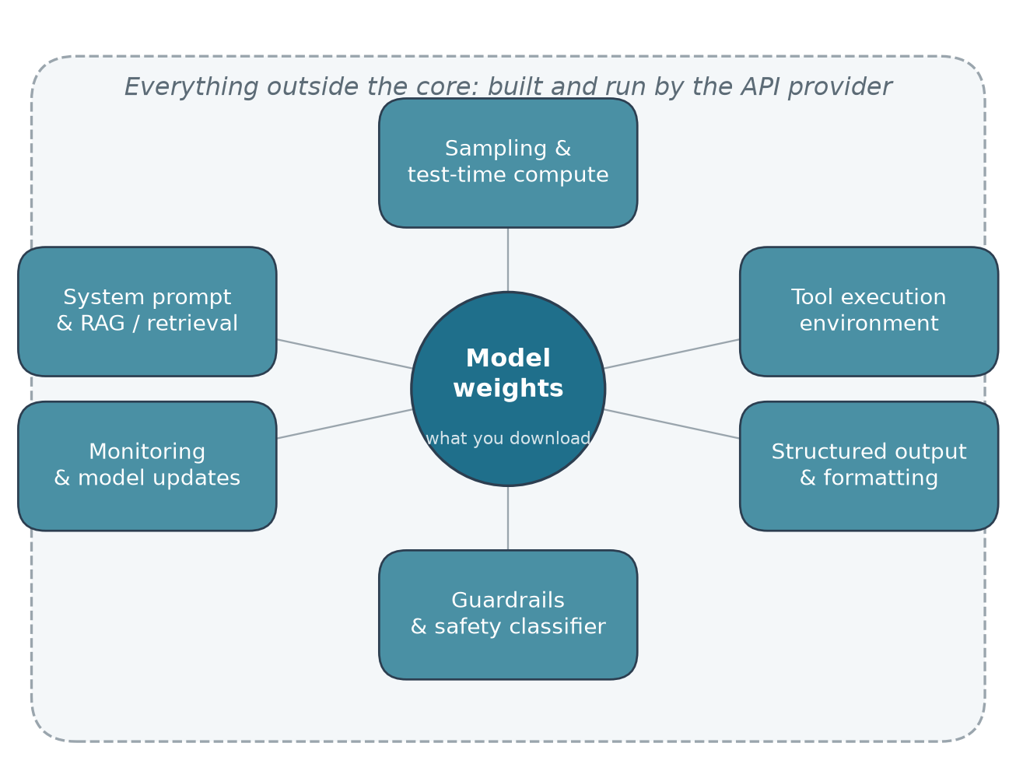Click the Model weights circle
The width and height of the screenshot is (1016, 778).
click(508, 388)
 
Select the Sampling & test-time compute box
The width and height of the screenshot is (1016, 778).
click(508, 163)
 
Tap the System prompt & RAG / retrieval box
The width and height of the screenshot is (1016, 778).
click(147, 311)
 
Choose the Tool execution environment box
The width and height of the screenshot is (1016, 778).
click(869, 311)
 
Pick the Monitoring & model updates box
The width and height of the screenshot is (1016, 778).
click(147, 466)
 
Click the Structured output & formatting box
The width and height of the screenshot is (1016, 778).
click(869, 466)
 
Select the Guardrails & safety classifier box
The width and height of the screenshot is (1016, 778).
click(508, 615)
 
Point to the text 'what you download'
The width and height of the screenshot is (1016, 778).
click(508, 439)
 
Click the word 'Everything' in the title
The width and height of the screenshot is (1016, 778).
click(191, 87)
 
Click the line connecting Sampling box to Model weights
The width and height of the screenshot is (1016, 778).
click(508, 260)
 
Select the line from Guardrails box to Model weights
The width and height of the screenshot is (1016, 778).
click(508, 518)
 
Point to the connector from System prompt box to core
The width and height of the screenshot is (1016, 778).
click(344, 354)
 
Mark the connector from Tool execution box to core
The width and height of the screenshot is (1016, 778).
click(672, 354)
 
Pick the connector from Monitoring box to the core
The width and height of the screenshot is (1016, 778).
click(344, 423)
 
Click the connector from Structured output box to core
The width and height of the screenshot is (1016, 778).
click(672, 423)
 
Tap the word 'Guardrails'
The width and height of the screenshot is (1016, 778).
click(508, 600)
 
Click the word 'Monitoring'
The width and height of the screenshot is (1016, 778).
click(147, 452)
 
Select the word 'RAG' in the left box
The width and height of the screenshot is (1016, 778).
click(103, 324)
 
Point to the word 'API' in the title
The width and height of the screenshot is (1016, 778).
click(761, 87)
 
